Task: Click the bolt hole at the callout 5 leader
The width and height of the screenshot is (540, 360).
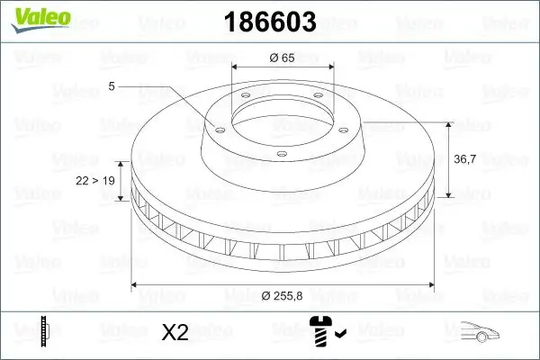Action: pos(216,128)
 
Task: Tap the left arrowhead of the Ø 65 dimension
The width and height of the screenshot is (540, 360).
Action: pos(237,66)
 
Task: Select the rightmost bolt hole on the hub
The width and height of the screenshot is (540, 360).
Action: pos(346,128)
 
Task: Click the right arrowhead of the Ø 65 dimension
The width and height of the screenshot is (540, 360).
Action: pos(330,66)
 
